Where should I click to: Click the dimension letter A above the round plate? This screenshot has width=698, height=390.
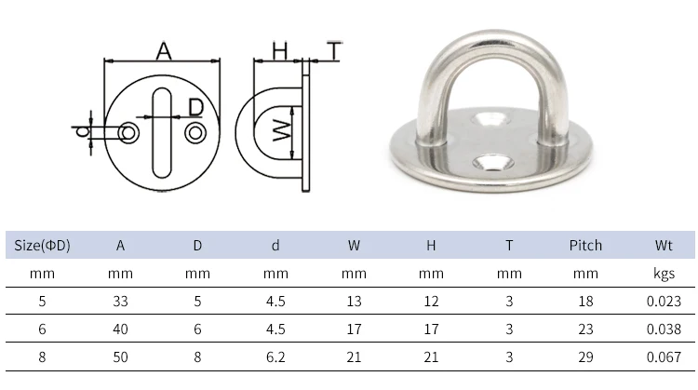click(163, 51)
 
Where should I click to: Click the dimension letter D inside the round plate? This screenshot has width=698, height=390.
click(195, 107)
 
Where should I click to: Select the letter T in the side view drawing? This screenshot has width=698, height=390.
click(332, 51)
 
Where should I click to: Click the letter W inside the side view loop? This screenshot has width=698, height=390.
click(279, 132)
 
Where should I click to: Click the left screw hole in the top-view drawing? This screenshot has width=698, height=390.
click(129, 133)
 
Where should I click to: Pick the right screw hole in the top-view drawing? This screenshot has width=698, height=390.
click(195, 133)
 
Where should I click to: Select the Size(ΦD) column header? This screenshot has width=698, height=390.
click(43, 246)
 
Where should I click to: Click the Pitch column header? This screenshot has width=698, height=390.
click(585, 246)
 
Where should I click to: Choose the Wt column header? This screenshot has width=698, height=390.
click(664, 246)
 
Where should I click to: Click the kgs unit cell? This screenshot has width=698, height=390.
click(664, 274)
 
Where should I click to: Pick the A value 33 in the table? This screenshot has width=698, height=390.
click(120, 301)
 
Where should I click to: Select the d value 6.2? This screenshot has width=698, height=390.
click(275, 355)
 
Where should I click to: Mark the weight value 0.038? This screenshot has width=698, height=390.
click(664, 328)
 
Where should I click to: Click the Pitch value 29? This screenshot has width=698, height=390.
click(585, 355)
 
